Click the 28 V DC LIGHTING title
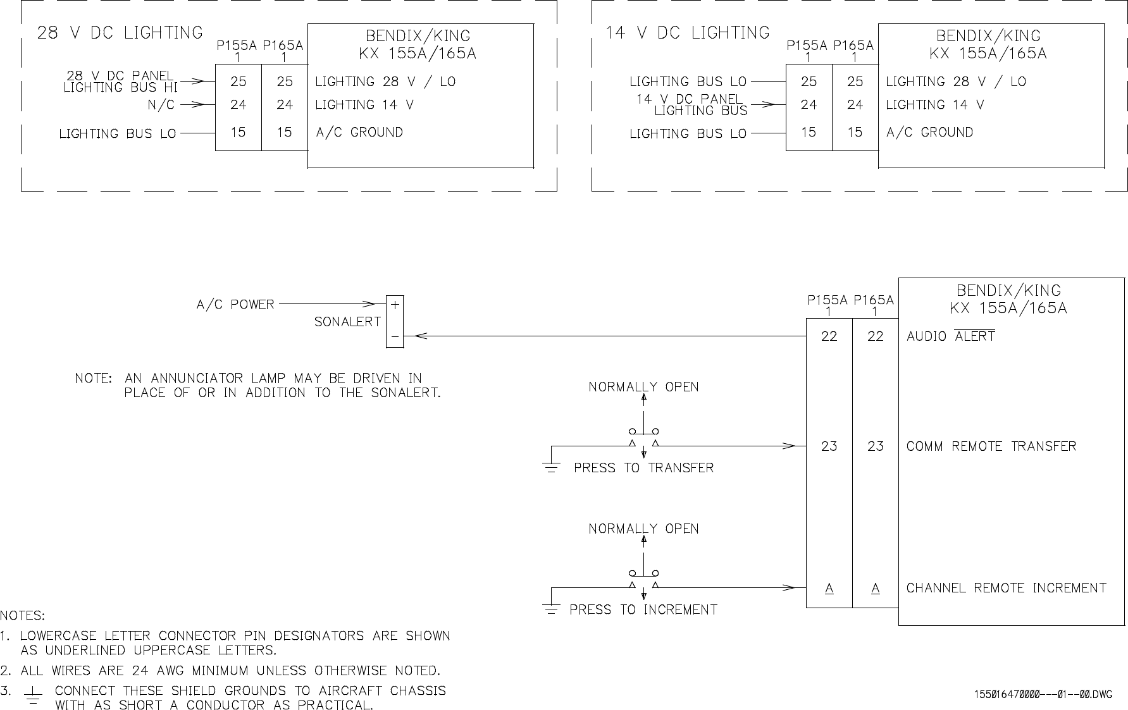[x=120, y=33]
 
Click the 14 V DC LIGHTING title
[x=687, y=33]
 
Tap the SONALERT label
[x=347, y=322]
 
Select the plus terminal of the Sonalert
[x=395, y=305]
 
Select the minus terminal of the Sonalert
[x=395, y=338]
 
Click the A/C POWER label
[x=235, y=305]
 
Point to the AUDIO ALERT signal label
[x=950, y=336]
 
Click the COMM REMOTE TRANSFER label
[x=991, y=446]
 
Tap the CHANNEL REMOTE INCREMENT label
[x=1006, y=588]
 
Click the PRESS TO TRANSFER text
[x=643, y=468]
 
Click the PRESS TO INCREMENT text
[x=643, y=609]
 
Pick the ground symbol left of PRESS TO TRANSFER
[x=552, y=468]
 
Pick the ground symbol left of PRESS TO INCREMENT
[x=552, y=609]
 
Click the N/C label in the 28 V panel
[x=161, y=105]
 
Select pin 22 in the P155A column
[x=829, y=336]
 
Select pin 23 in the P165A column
[x=875, y=446]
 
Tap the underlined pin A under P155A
[x=829, y=589]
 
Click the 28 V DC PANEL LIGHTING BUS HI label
[x=120, y=82]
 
